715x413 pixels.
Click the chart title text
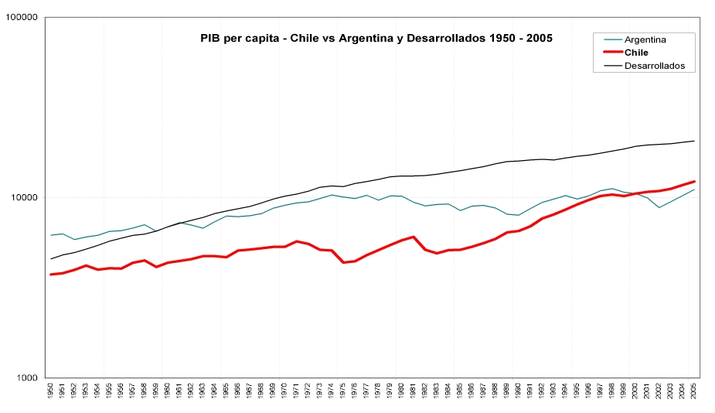[x=376, y=37]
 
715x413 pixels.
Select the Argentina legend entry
[x=645, y=39]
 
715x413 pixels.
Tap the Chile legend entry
[x=636, y=53]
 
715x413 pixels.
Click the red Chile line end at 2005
[x=693, y=181]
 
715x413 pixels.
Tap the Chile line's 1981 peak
[x=414, y=237]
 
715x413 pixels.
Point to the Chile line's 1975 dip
[x=343, y=263]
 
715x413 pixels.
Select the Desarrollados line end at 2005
[x=693, y=141]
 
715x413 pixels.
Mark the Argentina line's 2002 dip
[x=659, y=207]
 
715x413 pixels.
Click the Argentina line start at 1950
[x=51, y=235]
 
